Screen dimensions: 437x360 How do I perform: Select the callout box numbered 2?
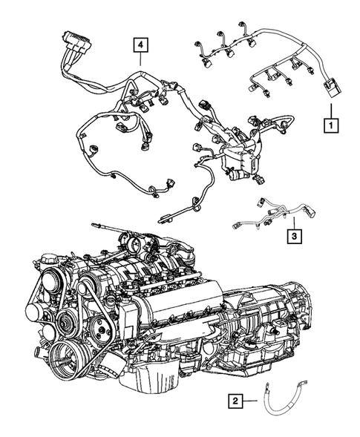pyautogui.click(x=235, y=401)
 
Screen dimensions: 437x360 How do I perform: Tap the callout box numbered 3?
pyautogui.click(x=295, y=236)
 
